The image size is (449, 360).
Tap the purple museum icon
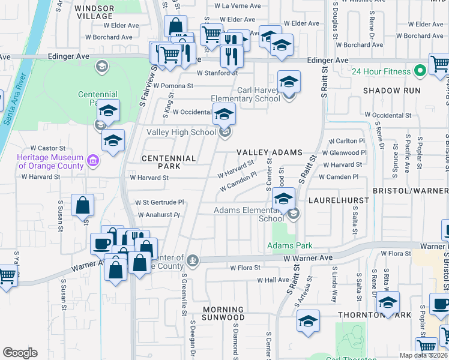pyautogui.click(x=92, y=161)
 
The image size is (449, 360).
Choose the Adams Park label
pyautogui.click(x=290, y=245)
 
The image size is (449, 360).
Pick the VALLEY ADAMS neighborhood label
pyautogui.click(x=269, y=153)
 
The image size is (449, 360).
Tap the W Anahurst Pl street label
pyautogui.click(x=158, y=214)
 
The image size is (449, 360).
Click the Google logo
pyautogui.click(x=20, y=353)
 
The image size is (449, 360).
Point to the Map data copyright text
pyautogui.click(x=423, y=355)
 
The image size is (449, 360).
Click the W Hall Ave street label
pyautogui.click(x=273, y=280)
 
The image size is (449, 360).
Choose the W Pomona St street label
pyautogui.click(x=173, y=86)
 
